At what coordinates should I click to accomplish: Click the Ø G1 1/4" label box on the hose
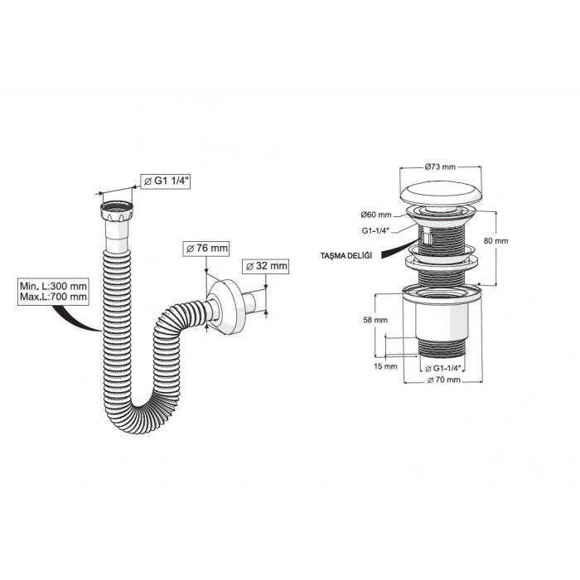point(166,181)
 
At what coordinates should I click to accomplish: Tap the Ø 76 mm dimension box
point(206,248)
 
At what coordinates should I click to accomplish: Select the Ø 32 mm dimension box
point(266,266)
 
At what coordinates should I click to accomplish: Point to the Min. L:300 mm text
point(53,286)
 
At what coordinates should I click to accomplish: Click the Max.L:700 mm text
point(53,297)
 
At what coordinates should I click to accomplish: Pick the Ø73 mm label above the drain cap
point(440,167)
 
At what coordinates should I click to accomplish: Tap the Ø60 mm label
point(376,215)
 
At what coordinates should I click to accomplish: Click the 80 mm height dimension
point(496,241)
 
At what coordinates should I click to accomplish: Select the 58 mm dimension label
point(375,320)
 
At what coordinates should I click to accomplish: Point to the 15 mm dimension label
point(385,366)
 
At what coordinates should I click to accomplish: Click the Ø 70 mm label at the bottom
point(444,379)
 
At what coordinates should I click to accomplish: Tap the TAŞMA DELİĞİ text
point(346,255)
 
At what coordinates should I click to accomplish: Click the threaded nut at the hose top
point(117,210)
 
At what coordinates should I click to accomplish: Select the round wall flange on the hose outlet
point(225,307)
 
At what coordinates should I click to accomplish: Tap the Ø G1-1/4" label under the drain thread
point(442,369)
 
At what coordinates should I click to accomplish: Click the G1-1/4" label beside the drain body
point(376,231)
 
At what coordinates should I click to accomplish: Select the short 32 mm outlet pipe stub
point(254,302)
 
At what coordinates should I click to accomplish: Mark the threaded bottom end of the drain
point(442,348)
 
